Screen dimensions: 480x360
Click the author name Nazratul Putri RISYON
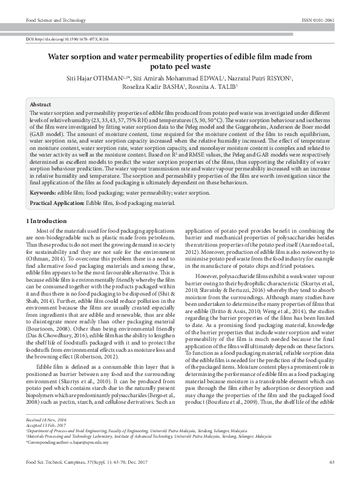click(264, 77)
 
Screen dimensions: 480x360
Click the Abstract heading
click(41, 105)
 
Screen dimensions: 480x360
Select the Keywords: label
click(46, 193)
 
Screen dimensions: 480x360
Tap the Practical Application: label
click(57, 203)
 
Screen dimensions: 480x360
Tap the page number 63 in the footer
click(332, 462)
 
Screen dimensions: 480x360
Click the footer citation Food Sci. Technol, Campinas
click(61, 462)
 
